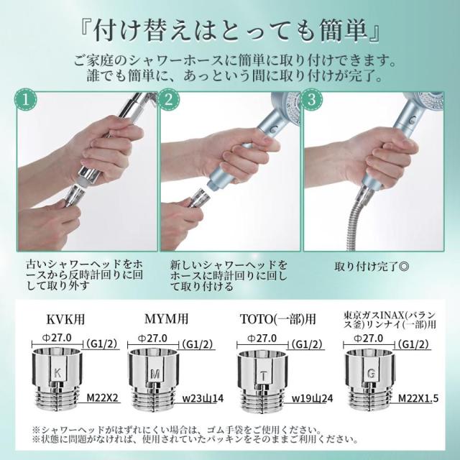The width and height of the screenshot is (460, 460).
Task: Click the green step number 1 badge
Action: pos(26,100)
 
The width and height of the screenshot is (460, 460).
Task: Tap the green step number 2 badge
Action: pos(168,100)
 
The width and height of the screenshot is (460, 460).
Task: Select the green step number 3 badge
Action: pos(311,100)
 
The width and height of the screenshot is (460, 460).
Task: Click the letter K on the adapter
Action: pos(57,373)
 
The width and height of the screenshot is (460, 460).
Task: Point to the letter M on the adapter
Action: pos(155,374)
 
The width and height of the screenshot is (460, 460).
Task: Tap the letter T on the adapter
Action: pos(264,376)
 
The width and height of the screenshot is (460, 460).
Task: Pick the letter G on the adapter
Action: pos(371,374)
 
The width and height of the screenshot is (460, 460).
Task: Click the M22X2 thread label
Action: pos(102,397)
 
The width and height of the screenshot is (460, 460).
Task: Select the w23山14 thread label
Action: pos(203,398)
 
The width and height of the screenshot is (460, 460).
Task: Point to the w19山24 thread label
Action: pos(313,398)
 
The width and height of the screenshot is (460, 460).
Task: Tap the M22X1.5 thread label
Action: pos(418,398)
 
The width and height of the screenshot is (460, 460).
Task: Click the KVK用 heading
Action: pos(65,319)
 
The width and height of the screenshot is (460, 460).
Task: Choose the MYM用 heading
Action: pos(166,318)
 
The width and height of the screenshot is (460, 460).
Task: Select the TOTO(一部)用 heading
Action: pos(278,319)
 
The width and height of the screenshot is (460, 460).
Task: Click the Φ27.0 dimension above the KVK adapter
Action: pos(57,338)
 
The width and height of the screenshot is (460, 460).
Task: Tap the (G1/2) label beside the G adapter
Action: pos(413,344)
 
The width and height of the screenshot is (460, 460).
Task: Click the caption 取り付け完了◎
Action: pos(372,267)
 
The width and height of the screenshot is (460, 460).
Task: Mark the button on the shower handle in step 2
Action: pos(275,129)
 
